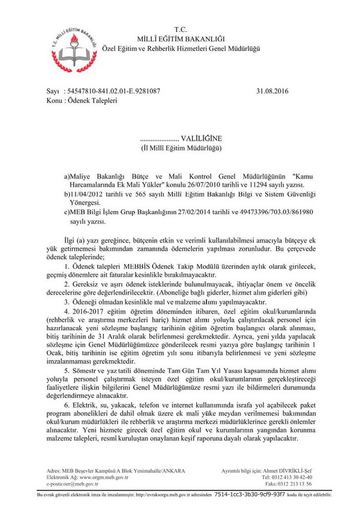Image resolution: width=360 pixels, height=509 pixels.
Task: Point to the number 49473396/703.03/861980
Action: [x=278, y=212]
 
